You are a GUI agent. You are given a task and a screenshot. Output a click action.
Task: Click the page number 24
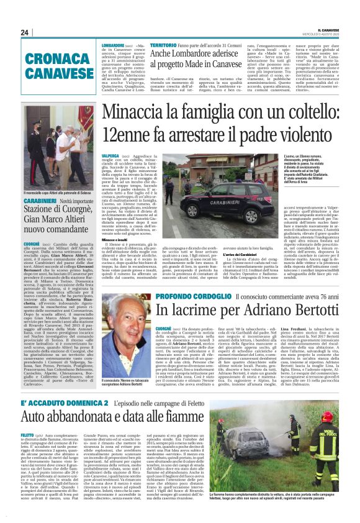25,32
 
